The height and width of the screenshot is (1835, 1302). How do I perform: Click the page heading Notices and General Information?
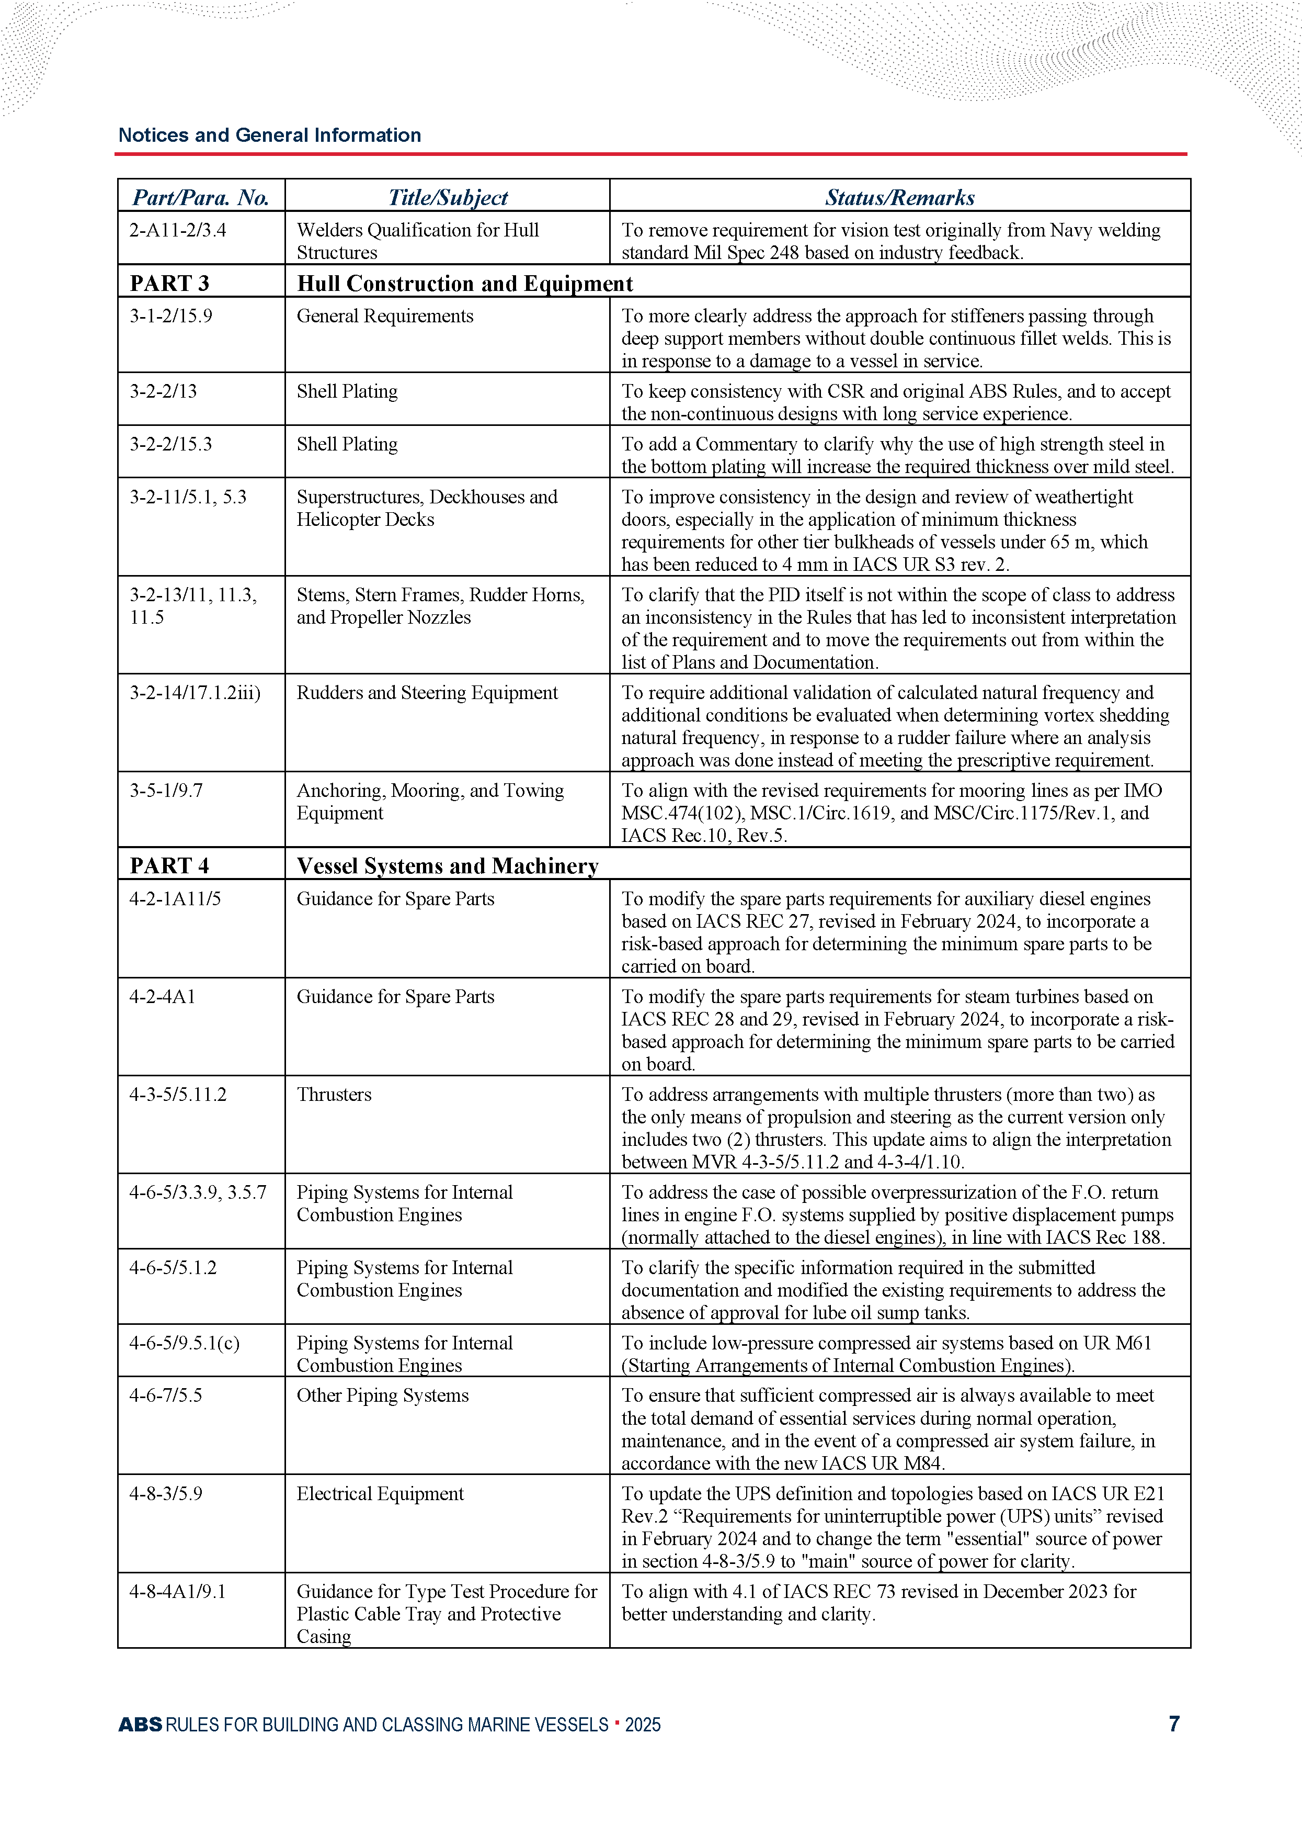click(x=269, y=135)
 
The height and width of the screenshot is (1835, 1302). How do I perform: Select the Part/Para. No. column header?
click(x=200, y=197)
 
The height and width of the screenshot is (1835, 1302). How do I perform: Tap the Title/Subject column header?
click(x=448, y=197)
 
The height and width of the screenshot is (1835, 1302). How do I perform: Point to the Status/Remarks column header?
click(x=899, y=197)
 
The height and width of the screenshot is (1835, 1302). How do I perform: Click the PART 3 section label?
click(x=169, y=283)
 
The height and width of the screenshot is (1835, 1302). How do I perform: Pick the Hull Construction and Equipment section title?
click(x=465, y=283)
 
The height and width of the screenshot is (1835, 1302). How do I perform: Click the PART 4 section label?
click(x=169, y=865)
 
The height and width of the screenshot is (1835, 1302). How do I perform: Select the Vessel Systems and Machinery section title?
click(x=448, y=865)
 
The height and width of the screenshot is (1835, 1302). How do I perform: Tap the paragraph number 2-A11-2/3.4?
click(x=178, y=230)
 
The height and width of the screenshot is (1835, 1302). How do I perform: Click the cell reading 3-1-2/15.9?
click(x=171, y=316)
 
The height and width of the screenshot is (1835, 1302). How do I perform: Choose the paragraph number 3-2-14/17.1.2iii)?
click(x=195, y=692)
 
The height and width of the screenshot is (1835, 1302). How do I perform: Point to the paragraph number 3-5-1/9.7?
click(x=166, y=790)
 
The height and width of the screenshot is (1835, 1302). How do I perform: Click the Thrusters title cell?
click(x=334, y=1094)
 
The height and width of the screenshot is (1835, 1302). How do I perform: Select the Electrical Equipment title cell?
click(x=380, y=1493)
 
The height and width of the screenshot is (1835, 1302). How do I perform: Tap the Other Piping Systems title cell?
click(x=382, y=1395)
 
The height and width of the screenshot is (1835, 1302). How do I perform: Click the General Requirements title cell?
click(x=385, y=316)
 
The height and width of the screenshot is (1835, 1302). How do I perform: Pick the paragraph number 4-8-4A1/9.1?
click(x=177, y=1591)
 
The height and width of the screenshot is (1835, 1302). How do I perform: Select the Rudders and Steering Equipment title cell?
click(x=427, y=692)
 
